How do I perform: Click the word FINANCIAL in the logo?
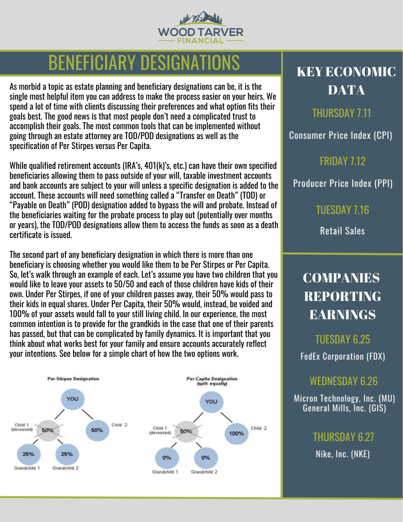(200, 41)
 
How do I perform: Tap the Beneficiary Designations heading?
(144, 63)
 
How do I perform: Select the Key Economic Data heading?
(346, 81)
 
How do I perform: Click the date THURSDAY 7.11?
(342, 113)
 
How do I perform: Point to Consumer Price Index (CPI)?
(340, 135)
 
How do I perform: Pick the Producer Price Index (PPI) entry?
(343, 183)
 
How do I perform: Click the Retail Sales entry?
(342, 231)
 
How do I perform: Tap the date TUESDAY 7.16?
(342, 210)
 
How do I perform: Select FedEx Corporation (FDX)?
(342, 357)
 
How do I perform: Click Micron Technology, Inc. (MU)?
(344, 399)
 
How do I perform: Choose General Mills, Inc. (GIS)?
(344, 408)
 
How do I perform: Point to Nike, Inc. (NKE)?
(342, 454)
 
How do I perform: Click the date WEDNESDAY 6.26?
(344, 381)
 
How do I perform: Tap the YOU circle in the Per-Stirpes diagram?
(73, 399)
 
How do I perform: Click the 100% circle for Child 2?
(236, 434)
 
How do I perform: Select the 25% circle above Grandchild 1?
(28, 454)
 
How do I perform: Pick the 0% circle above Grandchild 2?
(206, 458)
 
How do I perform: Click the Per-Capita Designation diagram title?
(212, 381)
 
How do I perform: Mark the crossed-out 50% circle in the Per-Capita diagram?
(186, 431)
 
